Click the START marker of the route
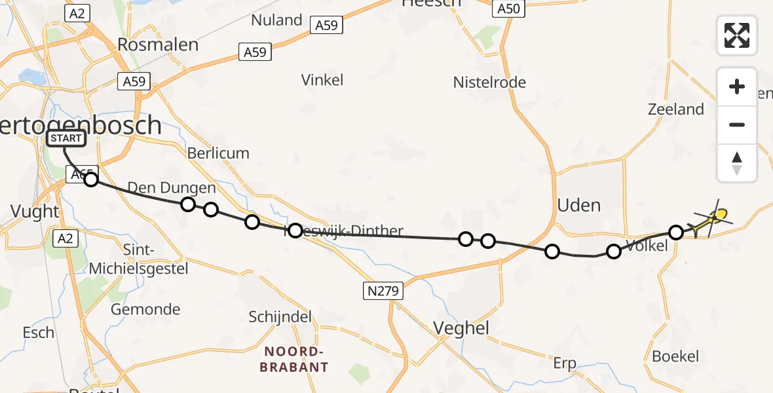66,138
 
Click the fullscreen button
737,35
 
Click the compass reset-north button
737,163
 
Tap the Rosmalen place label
158,45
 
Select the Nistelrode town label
489,83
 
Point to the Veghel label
462,328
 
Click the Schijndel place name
280,317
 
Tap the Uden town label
578,205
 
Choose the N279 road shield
383,291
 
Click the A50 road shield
508,9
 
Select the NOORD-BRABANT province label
293,359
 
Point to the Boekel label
675,356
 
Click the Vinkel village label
322,80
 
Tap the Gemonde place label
145,309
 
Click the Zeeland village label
675,109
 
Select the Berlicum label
218,153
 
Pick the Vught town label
35,211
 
